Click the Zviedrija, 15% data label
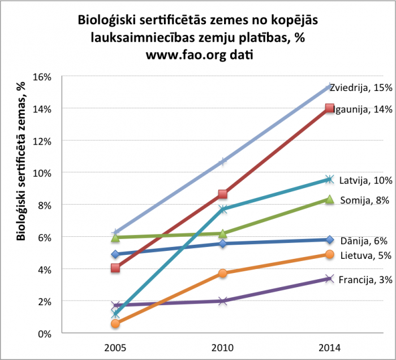[x=362, y=88]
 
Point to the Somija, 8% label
[x=365, y=200]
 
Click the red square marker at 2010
[x=223, y=194]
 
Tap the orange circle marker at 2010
[x=223, y=274]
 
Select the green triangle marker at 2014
[x=330, y=199]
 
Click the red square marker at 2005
[x=115, y=268]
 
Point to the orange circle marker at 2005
[x=115, y=324]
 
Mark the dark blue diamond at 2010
[x=223, y=244]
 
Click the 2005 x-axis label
[x=115, y=345]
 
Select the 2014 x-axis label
[x=330, y=345]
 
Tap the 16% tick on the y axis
[x=44, y=76]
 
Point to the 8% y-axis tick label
[x=46, y=205]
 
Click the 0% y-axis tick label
[x=46, y=333]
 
